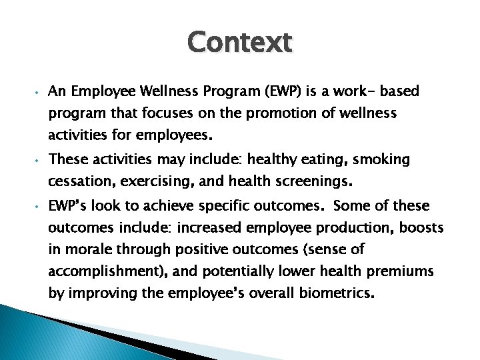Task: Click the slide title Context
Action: coord(240,43)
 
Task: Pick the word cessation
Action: coord(79,181)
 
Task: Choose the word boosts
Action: coord(424,227)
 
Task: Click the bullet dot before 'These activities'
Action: coord(39,161)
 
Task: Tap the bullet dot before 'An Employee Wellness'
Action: coord(39,92)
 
